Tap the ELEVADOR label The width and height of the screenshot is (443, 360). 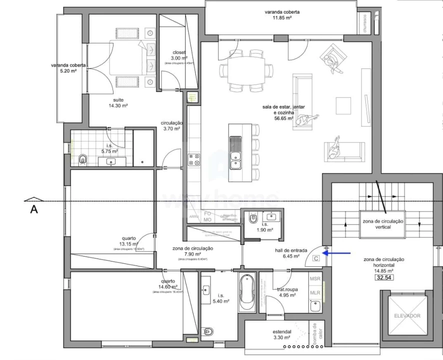click(x=407, y=315)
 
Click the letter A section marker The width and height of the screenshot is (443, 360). click(x=33, y=209)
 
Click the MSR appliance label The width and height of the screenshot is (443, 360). click(x=315, y=279)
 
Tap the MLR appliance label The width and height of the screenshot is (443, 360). click(x=315, y=292)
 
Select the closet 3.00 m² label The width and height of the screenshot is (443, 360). click(x=179, y=55)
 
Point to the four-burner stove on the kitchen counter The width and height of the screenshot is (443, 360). click(x=194, y=159)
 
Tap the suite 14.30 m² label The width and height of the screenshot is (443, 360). click(x=118, y=102)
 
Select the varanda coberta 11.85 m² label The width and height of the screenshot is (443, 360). click(x=282, y=14)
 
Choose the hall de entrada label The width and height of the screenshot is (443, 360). click(x=287, y=253)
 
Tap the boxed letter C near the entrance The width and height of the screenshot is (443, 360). click(x=315, y=258)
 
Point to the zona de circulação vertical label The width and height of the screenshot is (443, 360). click(x=382, y=223)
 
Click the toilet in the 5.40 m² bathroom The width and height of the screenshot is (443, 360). click(x=208, y=331)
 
